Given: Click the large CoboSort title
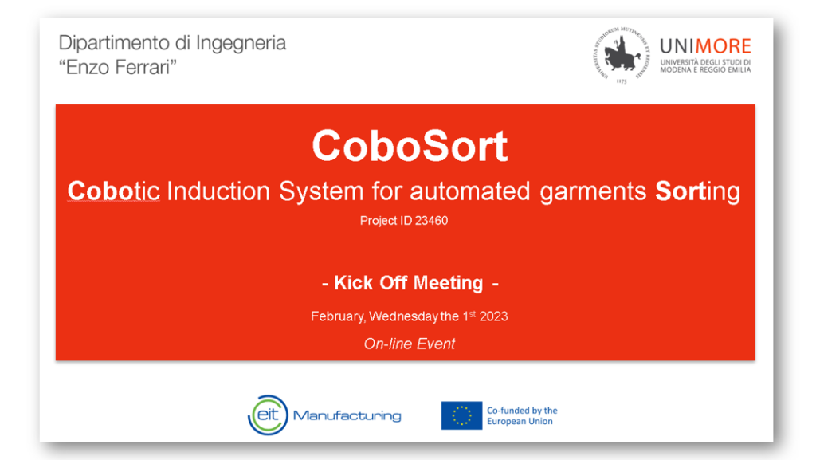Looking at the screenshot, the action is coord(410,146).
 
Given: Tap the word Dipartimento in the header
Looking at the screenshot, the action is coord(114,43).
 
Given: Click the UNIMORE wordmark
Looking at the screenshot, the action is coord(705,46).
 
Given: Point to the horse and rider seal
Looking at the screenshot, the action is coord(622,54).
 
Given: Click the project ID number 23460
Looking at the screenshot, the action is coord(431,221).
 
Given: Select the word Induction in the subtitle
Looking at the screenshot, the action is coord(218,191).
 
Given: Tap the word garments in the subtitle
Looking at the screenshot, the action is coord(593,192).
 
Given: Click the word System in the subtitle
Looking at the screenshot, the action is coord(321,192).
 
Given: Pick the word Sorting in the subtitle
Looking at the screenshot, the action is coord(697,192).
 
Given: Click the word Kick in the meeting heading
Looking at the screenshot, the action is coord(353,283).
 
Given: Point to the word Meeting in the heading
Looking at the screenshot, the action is coord(448,284).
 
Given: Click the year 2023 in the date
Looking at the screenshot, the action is coord(493,316).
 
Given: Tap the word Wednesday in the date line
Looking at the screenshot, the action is coord(404,317).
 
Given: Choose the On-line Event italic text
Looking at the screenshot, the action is coord(410,344).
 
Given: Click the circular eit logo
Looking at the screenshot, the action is coord(268,415).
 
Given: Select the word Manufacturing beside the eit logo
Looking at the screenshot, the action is coord(347,415).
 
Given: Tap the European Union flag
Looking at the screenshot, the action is coord(461,415).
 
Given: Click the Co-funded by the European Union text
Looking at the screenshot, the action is coord(522,416).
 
